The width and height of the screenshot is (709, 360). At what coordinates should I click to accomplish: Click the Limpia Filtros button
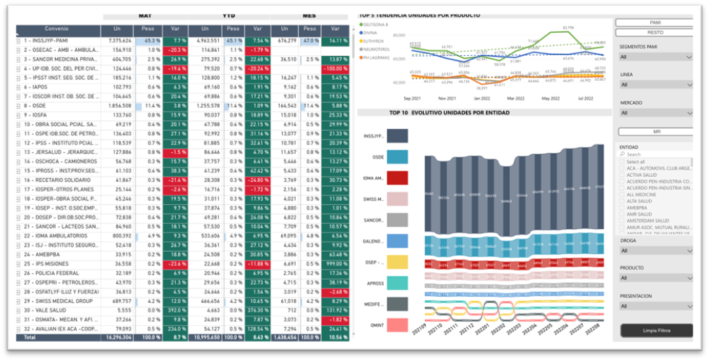[x=656, y=330]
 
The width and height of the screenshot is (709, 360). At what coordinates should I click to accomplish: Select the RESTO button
[x=654, y=32]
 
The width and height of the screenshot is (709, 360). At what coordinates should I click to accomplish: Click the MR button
[x=654, y=132]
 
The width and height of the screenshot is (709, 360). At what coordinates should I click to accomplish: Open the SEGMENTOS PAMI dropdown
[x=656, y=57]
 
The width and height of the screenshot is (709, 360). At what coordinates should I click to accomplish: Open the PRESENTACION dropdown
[x=656, y=306]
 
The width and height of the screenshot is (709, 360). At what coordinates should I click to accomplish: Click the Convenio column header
[x=58, y=30]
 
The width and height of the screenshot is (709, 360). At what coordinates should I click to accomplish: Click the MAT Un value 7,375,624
[x=118, y=41]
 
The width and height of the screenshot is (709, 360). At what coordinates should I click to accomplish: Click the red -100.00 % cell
[x=335, y=68]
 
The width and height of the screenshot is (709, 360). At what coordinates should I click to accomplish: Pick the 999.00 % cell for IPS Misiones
[x=335, y=264]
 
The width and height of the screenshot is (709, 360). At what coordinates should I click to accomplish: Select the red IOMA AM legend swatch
[x=398, y=178]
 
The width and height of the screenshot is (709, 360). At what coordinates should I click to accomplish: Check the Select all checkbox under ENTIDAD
[x=623, y=162]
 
